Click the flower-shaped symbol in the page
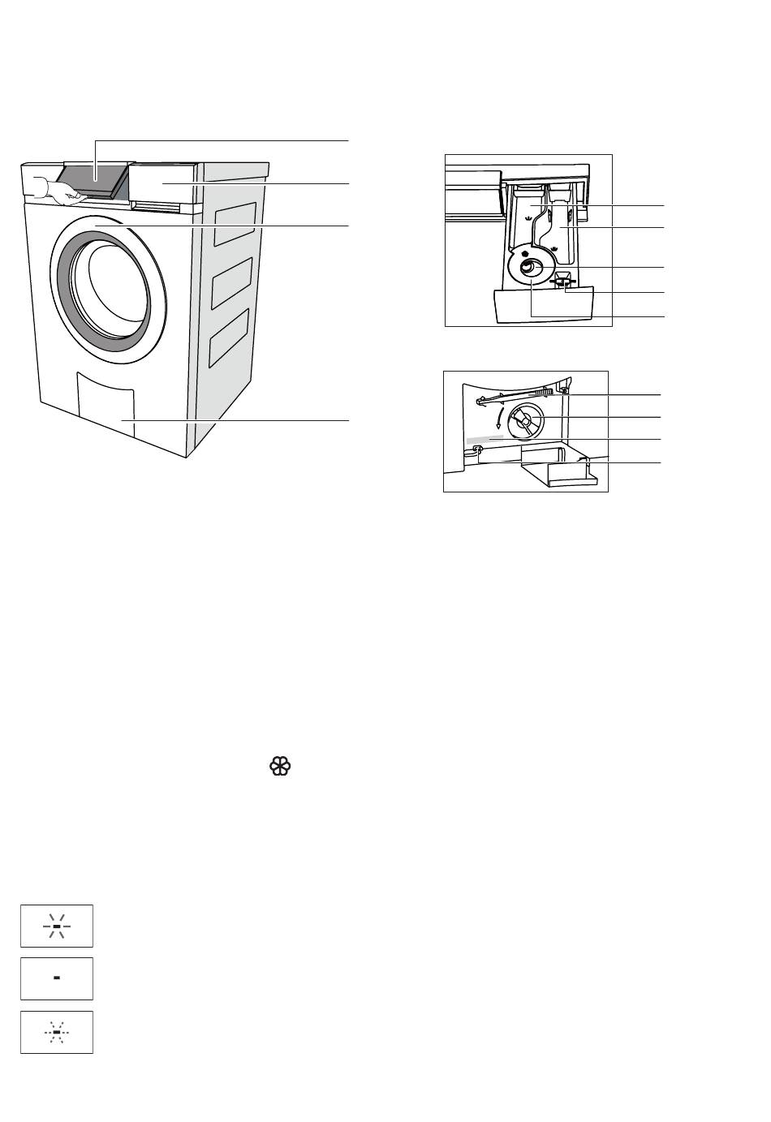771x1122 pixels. pos(279,767)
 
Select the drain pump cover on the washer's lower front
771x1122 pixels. pos(105,406)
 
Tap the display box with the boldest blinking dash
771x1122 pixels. pos(57,926)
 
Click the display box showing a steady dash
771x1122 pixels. pos(57,978)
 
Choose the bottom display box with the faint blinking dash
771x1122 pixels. pos(57,1032)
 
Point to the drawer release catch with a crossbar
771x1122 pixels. pos(562,282)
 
